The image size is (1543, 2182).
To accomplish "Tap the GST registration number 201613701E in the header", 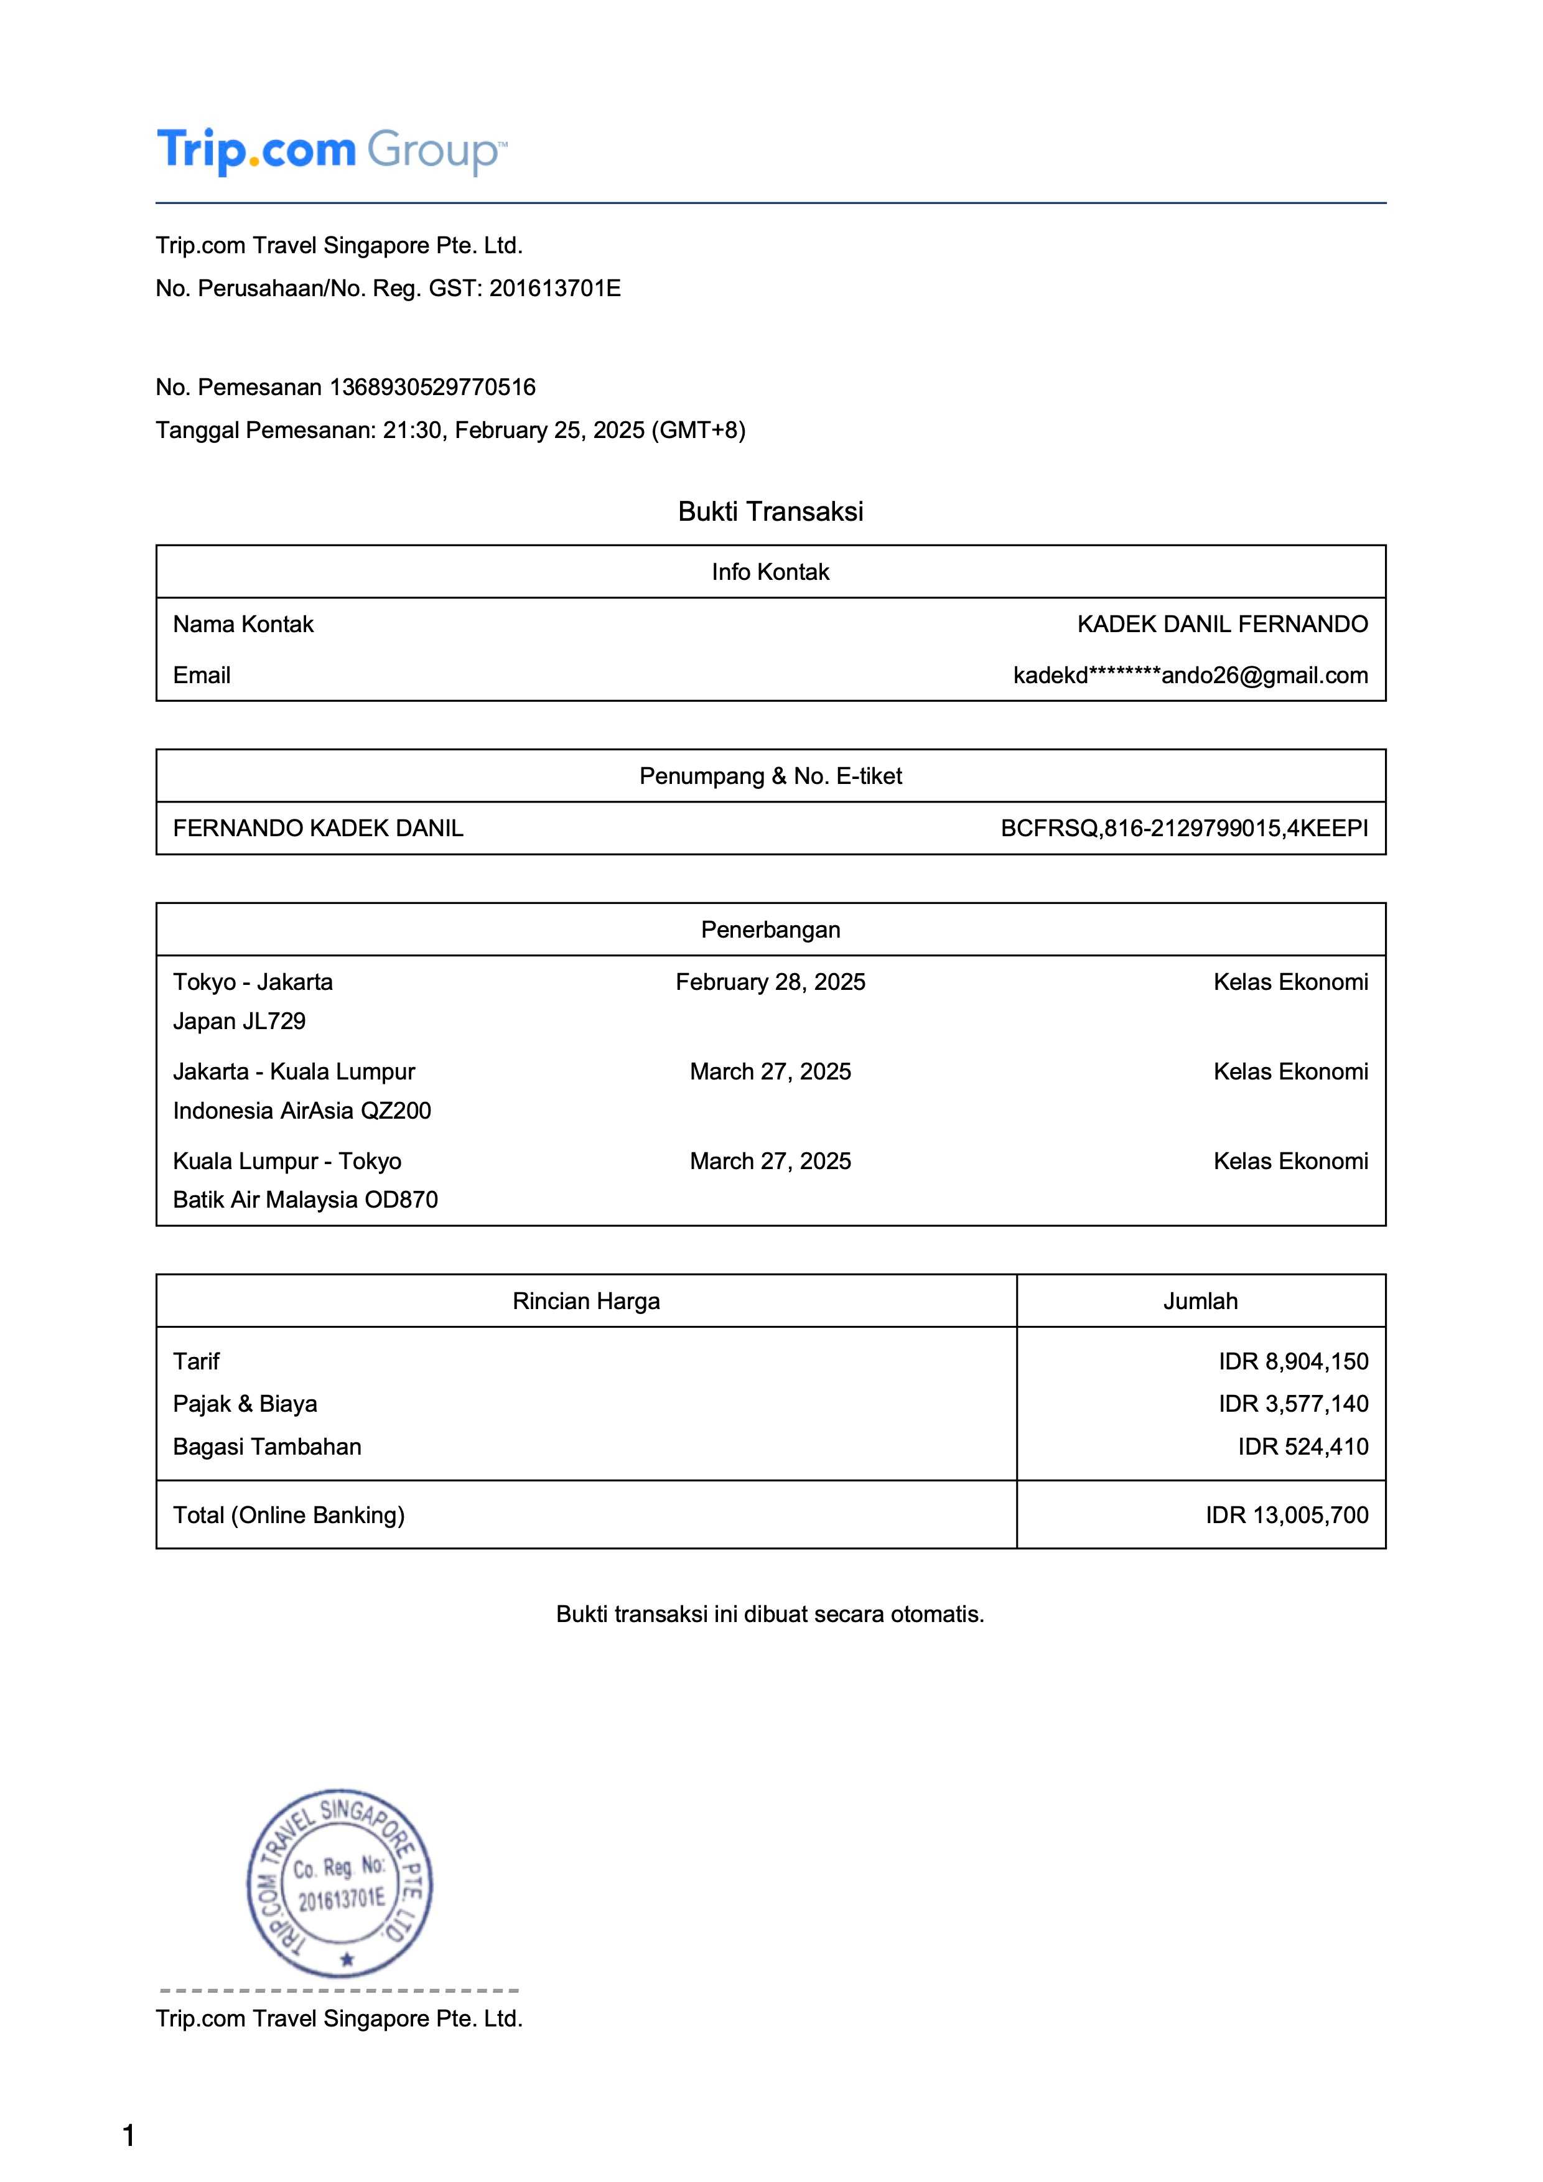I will click(x=555, y=289).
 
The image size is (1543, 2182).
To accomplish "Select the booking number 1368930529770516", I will click(x=432, y=388).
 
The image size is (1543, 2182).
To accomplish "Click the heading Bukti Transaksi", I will click(x=770, y=511).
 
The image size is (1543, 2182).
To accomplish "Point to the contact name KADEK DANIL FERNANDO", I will click(x=1222, y=625).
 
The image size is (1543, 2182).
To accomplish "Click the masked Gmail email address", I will click(x=1190, y=676).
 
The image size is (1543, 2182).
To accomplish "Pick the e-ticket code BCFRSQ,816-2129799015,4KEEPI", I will click(x=1184, y=829).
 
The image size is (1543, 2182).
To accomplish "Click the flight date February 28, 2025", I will click(x=770, y=982).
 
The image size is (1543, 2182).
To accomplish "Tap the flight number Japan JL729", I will click(x=240, y=1022).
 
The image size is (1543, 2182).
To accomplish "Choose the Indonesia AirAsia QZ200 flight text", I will click(x=302, y=1111).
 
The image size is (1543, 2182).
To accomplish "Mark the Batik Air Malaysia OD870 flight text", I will click(x=305, y=1200).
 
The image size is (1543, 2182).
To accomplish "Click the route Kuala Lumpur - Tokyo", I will click(x=287, y=1162).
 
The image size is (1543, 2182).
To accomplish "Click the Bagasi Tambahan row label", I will click(x=267, y=1447).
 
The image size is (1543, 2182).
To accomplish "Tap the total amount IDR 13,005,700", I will click(x=1287, y=1516).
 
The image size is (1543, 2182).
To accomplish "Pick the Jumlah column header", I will click(x=1200, y=1302).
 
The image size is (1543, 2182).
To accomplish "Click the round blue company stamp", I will click(x=340, y=1883).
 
